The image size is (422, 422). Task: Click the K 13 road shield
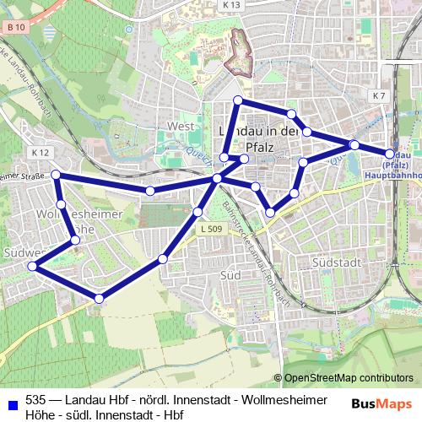(232, 5)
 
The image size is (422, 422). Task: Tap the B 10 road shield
(13, 28)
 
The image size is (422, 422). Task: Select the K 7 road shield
(378, 96)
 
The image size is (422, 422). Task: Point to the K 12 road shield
(40, 153)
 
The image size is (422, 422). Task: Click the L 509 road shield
(212, 229)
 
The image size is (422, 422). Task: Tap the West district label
(181, 127)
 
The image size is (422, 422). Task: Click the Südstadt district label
(337, 262)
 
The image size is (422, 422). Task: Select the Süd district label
(230, 276)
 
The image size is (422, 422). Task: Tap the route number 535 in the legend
(36, 399)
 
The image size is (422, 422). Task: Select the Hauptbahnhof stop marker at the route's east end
(390, 154)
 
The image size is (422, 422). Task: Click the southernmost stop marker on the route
(100, 298)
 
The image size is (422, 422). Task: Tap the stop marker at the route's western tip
(32, 266)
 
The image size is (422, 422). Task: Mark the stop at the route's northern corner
(238, 101)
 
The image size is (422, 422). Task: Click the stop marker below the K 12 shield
(56, 175)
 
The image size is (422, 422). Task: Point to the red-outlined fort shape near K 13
(241, 41)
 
